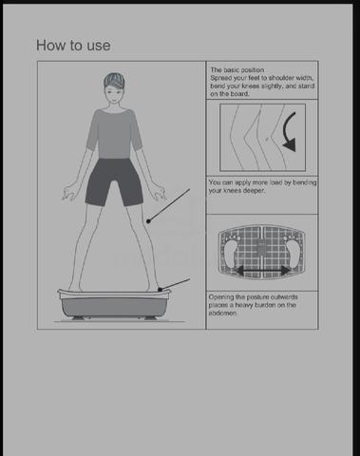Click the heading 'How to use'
click(x=73, y=46)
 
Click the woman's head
click(x=114, y=88)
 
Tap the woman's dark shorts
click(x=114, y=181)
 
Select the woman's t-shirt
click(x=114, y=133)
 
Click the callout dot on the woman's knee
click(x=148, y=221)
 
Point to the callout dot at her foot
click(x=160, y=290)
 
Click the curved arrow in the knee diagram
click(x=290, y=132)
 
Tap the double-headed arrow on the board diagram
click(x=263, y=271)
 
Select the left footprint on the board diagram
click(x=230, y=253)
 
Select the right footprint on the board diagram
click(x=294, y=253)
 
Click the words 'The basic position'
click(x=237, y=70)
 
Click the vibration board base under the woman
click(x=114, y=303)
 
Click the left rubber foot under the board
click(x=78, y=318)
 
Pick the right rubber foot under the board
click(x=151, y=318)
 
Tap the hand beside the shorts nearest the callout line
click(x=159, y=193)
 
